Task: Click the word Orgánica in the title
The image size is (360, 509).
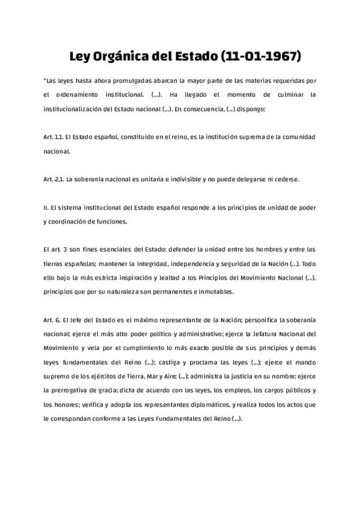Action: [121, 58]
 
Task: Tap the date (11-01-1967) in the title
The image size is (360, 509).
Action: [261, 58]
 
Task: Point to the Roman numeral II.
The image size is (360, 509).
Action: [46, 207]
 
